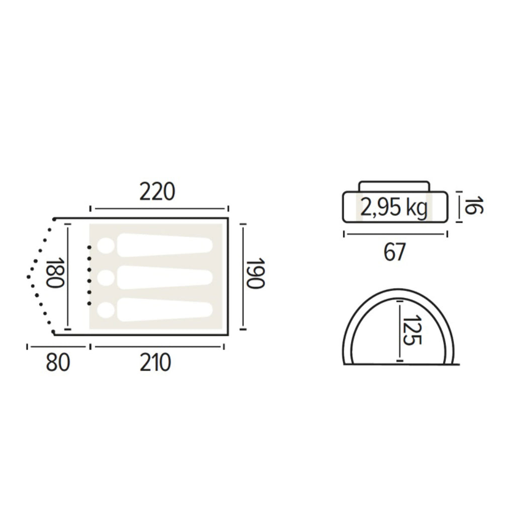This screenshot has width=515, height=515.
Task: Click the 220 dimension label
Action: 157,192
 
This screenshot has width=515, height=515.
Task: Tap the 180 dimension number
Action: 54,273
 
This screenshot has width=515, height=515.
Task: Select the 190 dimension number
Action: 255,273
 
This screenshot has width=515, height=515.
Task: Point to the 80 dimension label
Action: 58,363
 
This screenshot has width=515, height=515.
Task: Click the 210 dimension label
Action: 155,363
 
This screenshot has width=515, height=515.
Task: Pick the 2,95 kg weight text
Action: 394,208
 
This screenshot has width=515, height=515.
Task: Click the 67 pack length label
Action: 394,252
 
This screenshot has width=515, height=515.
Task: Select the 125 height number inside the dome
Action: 412,330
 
